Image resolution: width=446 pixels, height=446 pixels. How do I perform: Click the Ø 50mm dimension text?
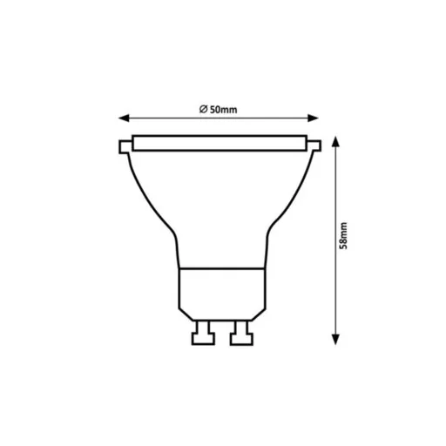[219, 109]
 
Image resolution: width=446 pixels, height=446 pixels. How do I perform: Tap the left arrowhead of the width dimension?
[123, 118]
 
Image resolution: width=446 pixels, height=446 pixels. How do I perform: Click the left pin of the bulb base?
[203, 333]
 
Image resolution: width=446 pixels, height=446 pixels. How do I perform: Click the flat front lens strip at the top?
[220, 142]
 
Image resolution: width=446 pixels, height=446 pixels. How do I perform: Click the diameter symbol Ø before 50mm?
[202, 109]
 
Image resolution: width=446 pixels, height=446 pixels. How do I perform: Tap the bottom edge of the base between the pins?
[220, 321]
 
